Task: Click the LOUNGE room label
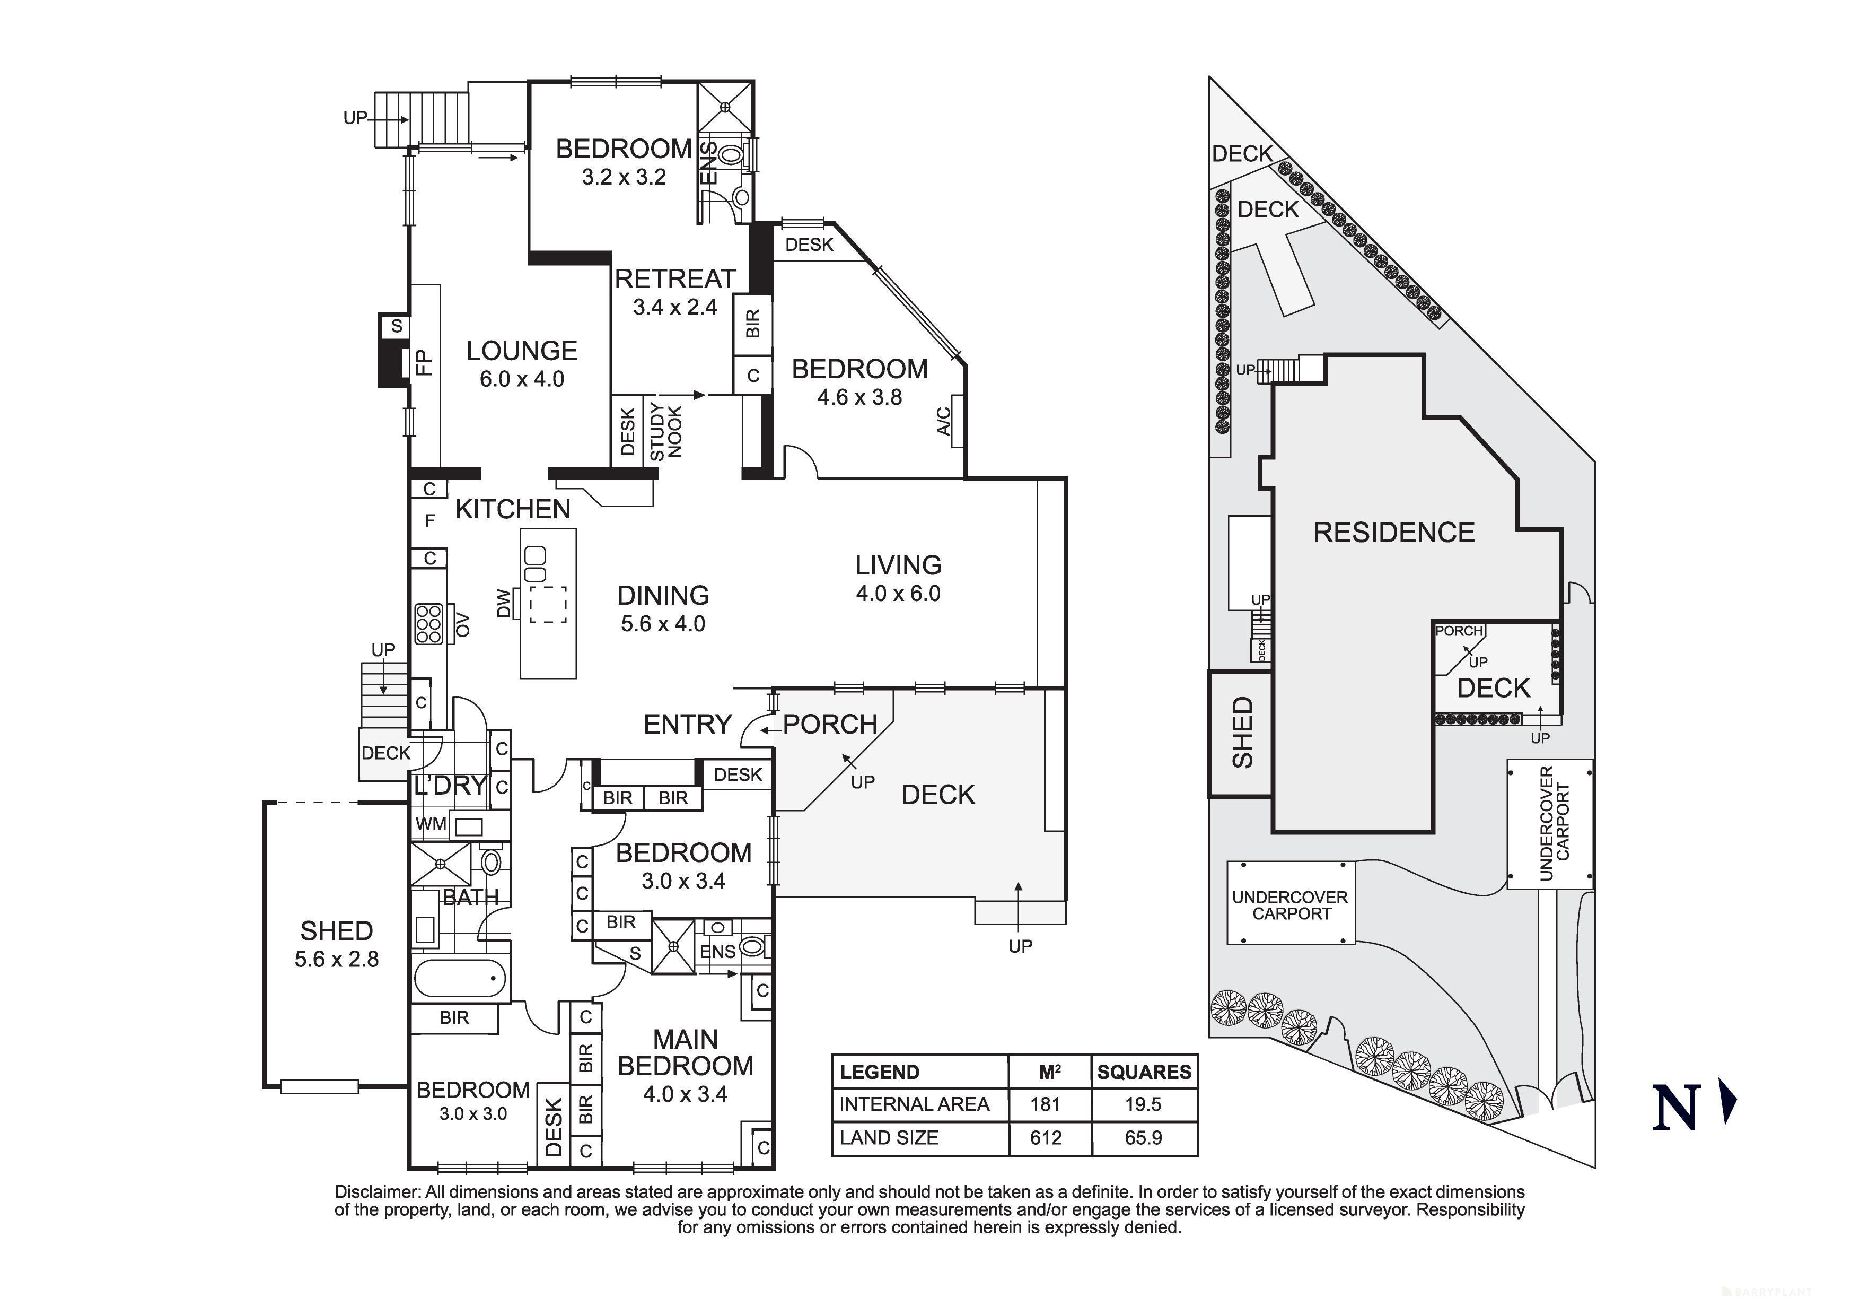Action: (x=522, y=351)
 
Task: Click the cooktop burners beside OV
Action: (x=428, y=624)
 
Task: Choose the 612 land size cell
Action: (x=1046, y=1137)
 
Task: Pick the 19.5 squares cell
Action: (x=1143, y=1104)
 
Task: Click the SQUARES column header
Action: (x=1144, y=1072)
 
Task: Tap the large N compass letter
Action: (x=1675, y=1107)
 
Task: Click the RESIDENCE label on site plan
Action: (x=1393, y=533)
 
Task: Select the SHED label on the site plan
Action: (x=1242, y=733)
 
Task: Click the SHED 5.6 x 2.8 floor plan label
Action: (x=336, y=944)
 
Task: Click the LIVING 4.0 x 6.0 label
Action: (x=898, y=578)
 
